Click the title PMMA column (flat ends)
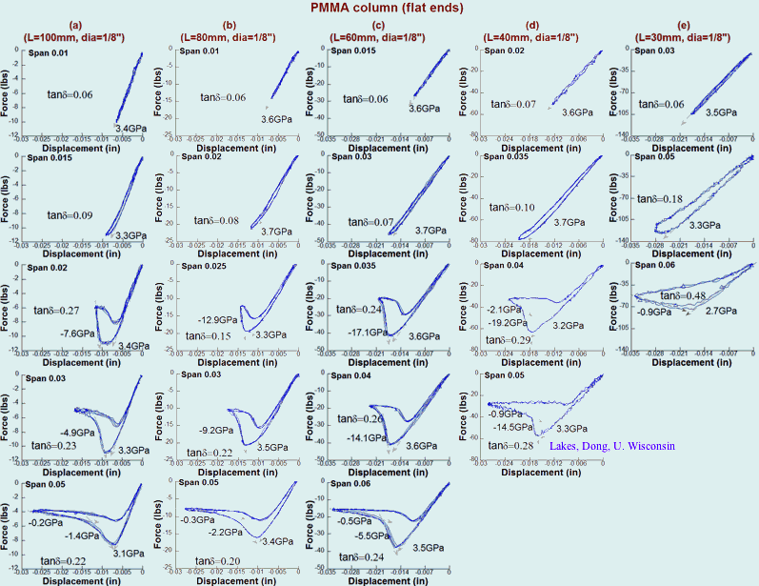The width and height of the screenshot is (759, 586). pyautogui.click(x=379, y=8)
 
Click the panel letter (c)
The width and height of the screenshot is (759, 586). pyautogui.click(x=378, y=24)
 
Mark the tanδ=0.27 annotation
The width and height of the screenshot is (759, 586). pyautogui.click(x=55, y=311)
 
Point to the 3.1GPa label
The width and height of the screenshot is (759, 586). pyautogui.click(x=129, y=552)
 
